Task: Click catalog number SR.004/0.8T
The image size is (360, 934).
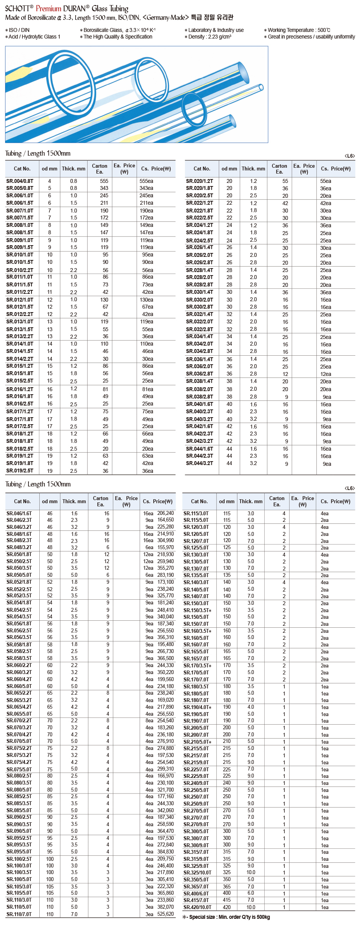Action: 20,181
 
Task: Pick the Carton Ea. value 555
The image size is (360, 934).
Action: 104,181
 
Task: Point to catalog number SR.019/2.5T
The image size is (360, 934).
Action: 20,471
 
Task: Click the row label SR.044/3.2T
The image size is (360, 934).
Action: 200,463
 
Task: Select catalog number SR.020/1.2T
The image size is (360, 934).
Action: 200,181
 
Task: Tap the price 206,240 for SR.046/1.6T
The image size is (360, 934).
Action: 165,513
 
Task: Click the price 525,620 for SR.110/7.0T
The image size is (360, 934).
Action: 165,914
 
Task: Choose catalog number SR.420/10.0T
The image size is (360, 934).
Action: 198,907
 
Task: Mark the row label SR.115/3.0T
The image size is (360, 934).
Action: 196,513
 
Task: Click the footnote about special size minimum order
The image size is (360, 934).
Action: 226,917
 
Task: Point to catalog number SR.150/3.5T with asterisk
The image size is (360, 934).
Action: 197,610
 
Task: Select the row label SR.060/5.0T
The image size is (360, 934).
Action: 19,686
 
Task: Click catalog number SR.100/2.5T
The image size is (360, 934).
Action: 19,859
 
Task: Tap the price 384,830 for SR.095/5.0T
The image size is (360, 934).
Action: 165,851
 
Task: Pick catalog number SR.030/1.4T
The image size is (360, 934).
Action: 200,292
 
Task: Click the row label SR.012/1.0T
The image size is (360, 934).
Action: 20,300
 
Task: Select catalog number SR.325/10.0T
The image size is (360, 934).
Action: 198,873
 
